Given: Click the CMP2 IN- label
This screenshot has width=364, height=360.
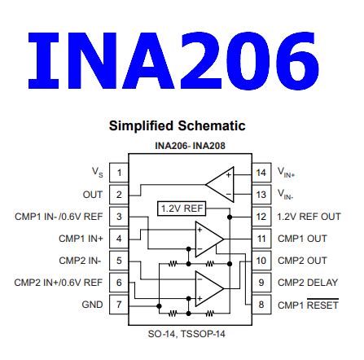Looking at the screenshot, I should [83, 260].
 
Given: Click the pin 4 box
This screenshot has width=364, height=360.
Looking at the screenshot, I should [119, 238].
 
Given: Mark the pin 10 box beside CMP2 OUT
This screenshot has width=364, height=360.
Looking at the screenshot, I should [261, 260].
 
